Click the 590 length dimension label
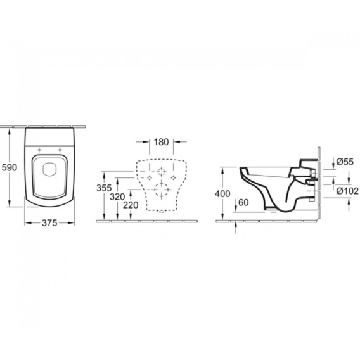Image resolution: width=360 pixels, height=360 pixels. click(10, 167)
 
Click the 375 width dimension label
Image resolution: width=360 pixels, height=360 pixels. click(49, 222)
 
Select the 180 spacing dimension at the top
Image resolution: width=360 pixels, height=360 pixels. click(161, 142)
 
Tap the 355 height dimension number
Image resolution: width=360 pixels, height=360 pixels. click(104, 188)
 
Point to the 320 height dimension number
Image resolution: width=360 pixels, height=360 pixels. click(117, 196)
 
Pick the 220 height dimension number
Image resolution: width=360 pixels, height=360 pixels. click(131, 205)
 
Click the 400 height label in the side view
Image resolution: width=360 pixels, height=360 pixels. click(222, 194)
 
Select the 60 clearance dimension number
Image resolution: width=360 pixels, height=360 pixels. click(243, 203)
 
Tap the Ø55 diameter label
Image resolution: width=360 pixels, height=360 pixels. click(345, 162)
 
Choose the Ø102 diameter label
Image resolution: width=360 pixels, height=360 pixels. click(347, 191)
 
